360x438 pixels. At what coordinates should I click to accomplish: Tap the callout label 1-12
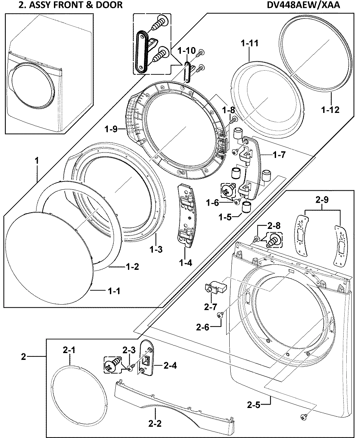pos(330,110)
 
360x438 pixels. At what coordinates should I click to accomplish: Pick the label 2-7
pos(211,307)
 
